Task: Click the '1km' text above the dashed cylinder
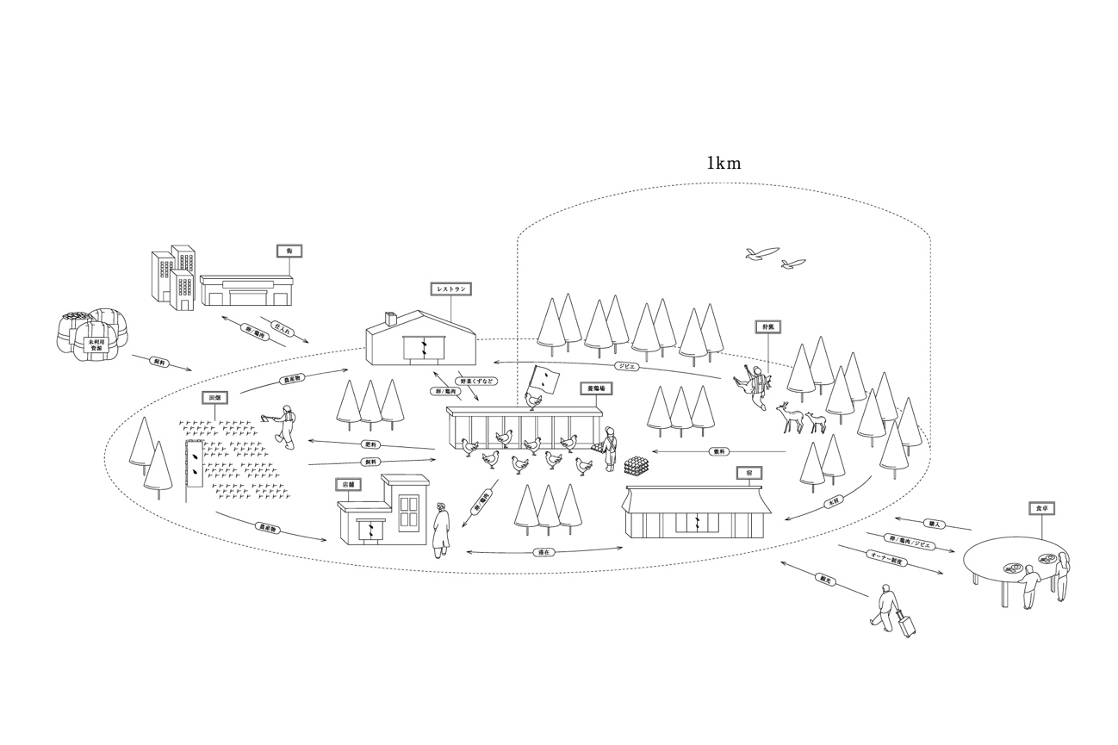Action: pos(724,163)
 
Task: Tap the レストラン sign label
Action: pos(451,289)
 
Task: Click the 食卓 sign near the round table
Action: pos(1041,509)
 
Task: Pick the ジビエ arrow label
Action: pos(627,365)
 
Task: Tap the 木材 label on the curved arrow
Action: pos(832,502)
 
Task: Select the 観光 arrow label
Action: pos(825,580)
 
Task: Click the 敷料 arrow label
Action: pos(719,451)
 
